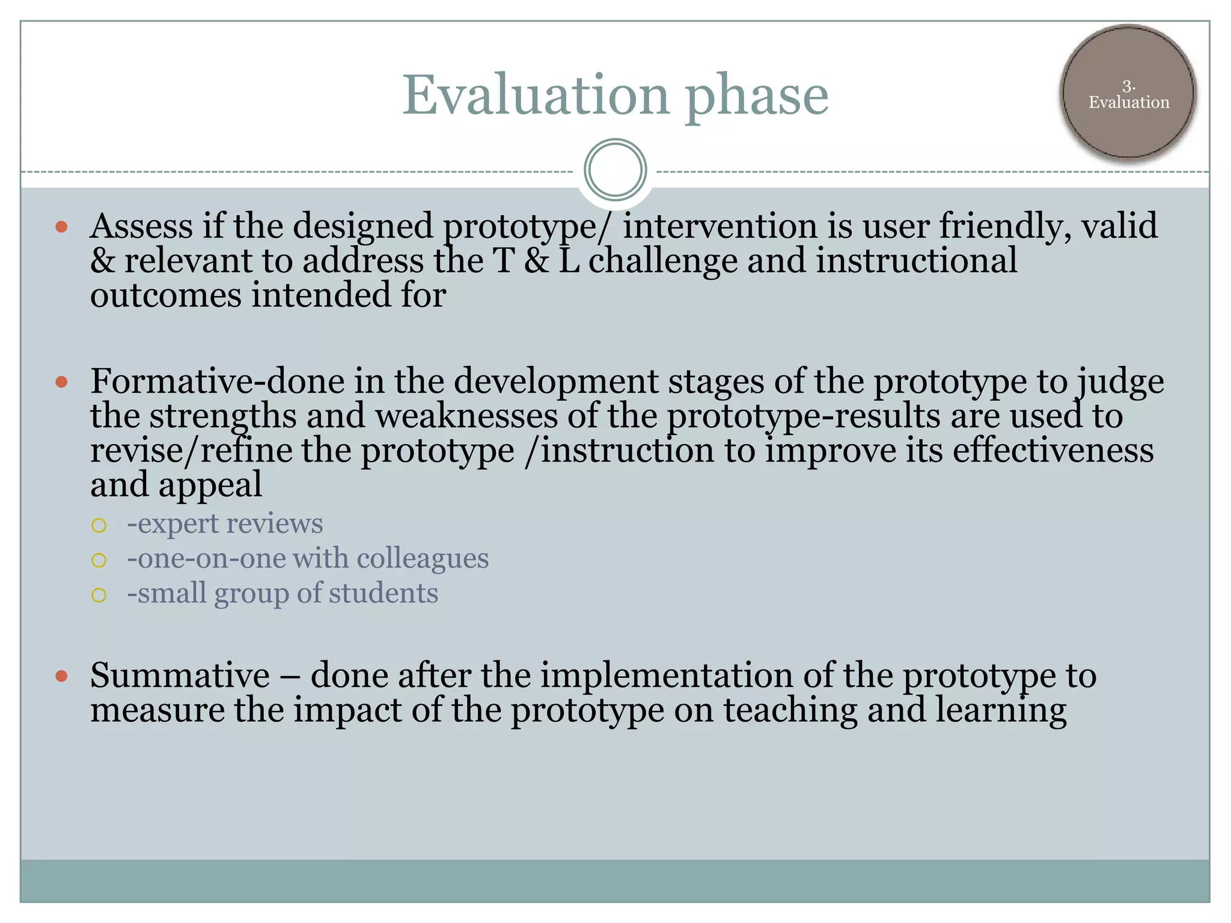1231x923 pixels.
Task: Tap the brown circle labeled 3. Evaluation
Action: tap(1128, 94)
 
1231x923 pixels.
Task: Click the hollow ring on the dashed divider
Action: tap(615, 170)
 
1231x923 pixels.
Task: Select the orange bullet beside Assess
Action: tap(61, 227)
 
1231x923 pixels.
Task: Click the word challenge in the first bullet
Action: tap(662, 262)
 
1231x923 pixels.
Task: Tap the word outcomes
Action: tap(165, 296)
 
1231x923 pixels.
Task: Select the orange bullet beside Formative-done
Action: tap(61, 382)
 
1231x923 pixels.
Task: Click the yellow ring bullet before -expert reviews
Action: tap(99, 526)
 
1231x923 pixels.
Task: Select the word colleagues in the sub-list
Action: tap(422, 559)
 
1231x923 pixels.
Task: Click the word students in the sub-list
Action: tap(383, 594)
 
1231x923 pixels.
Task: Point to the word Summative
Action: tap(180, 675)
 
